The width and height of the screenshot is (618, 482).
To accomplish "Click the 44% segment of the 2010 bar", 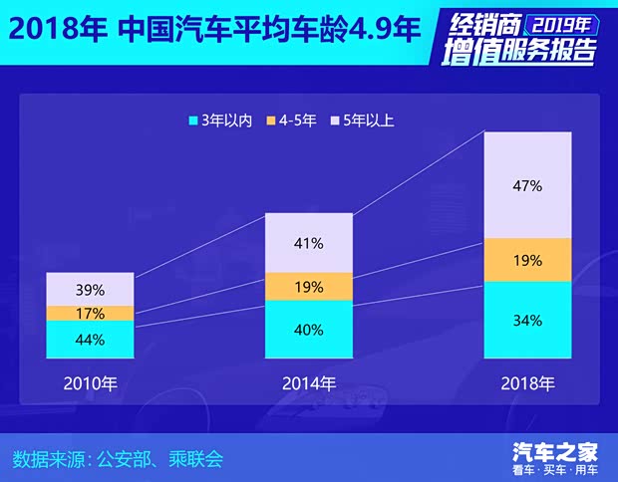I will pyautogui.click(x=90, y=340).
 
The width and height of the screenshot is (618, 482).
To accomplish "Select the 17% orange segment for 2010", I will pyautogui.click(x=90, y=313).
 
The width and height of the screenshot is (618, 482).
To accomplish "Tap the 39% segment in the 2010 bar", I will pyautogui.click(x=90, y=289).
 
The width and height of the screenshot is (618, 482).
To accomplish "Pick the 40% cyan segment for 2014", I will pyautogui.click(x=309, y=330).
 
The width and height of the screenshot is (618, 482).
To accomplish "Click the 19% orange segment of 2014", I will pyautogui.click(x=309, y=287).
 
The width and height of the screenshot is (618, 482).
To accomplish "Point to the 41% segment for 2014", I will pyautogui.click(x=309, y=243).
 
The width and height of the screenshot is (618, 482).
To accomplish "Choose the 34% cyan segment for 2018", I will pyautogui.click(x=528, y=321).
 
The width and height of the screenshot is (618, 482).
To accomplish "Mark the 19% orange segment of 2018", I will pyautogui.click(x=528, y=260).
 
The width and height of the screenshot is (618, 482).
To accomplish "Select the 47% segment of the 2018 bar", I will pyautogui.click(x=528, y=185).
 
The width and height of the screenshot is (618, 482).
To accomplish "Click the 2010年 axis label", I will pyautogui.click(x=90, y=382).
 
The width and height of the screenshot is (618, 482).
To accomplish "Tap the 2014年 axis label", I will pyautogui.click(x=309, y=382).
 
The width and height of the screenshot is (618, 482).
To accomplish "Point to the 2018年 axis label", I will pyautogui.click(x=528, y=382).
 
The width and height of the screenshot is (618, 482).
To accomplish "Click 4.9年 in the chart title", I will pyautogui.click(x=376, y=28).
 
